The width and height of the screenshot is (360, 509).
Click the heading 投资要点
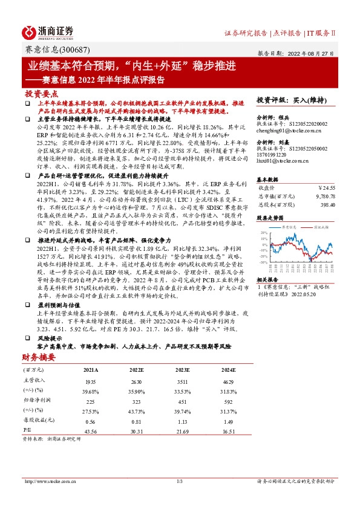(x=41, y=94)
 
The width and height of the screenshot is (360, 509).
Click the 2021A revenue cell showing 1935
(x=90, y=381)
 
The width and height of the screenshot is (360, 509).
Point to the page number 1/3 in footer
(x=180, y=481)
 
